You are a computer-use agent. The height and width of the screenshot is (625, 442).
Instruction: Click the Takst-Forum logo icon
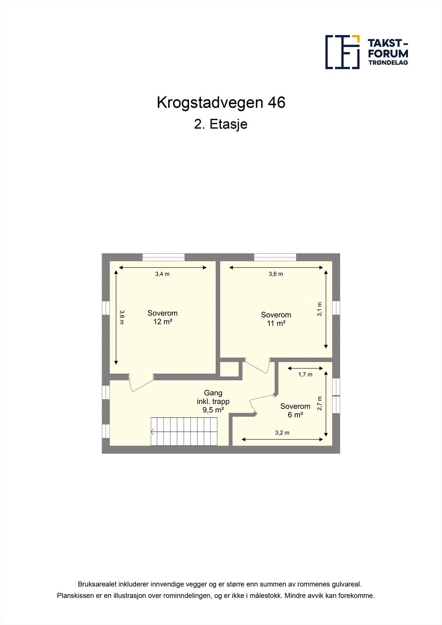coord(342,52)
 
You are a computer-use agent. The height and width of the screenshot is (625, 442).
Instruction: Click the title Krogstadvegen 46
coord(221,102)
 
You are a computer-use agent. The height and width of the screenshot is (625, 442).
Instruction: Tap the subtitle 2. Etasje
coord(221,124)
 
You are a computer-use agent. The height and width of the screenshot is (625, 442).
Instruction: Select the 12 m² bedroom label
coord(163,317)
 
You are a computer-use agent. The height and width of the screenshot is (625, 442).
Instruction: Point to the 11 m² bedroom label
coord(276,319)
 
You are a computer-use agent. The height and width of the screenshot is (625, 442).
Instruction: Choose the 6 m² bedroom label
coord(295,410)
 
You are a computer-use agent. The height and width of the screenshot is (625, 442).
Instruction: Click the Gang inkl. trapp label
coord(213,401)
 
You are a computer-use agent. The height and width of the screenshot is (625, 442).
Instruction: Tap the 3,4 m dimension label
coord(162,274)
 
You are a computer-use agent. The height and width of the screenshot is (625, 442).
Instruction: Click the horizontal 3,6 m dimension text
coord(276,274)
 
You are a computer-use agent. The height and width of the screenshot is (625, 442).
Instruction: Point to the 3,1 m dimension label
coord(320,309)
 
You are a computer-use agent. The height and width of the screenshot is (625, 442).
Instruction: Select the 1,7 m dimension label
coord(305,374)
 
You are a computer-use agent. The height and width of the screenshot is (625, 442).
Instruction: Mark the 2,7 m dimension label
coord(320,403)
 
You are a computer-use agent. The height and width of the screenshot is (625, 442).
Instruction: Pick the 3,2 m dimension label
coord(282,432)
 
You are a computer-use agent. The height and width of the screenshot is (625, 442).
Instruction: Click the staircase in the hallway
coord(184,431)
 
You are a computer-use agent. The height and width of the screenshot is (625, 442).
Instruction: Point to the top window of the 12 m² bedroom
coord(163,257)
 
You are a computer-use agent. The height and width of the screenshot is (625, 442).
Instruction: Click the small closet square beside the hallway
coord(229,369)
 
